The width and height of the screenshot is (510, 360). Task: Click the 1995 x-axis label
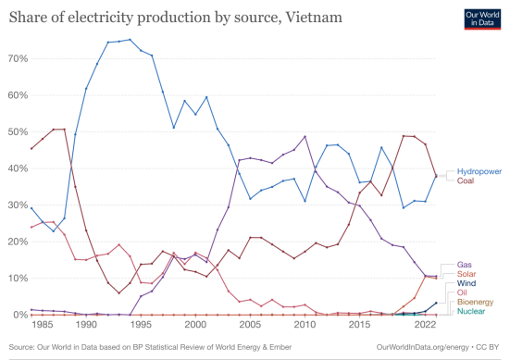[140, 326]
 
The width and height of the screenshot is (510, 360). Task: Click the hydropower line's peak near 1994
[130, 40]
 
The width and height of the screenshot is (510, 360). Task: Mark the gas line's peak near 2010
[305, 138]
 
